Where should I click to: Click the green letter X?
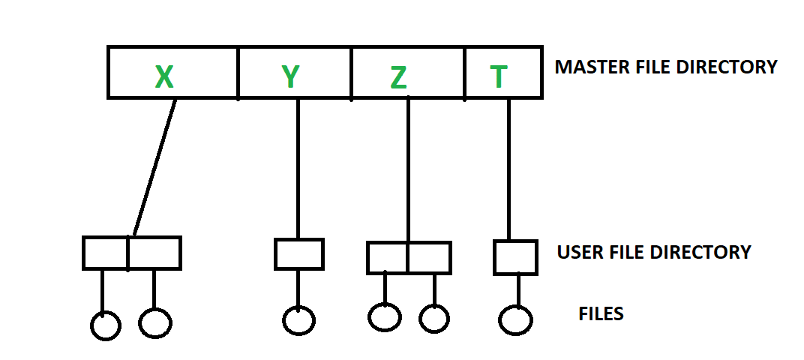coord(163,76)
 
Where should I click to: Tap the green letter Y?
coord(290,76)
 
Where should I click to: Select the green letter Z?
coord(398,77)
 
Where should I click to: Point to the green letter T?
coord(498,76)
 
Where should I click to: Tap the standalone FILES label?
coord(601,313)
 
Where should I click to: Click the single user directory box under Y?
coord(298,253)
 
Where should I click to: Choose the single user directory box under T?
coord(515,257)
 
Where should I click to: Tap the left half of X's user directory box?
coord(105,253)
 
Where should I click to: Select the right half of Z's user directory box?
coord(429,257)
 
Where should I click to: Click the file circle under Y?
coord(298,320)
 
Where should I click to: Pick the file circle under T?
coord(515,321)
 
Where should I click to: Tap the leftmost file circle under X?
coord(105,325)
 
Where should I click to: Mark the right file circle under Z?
coord(434,319)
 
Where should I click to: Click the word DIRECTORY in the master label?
coord(725,67)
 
